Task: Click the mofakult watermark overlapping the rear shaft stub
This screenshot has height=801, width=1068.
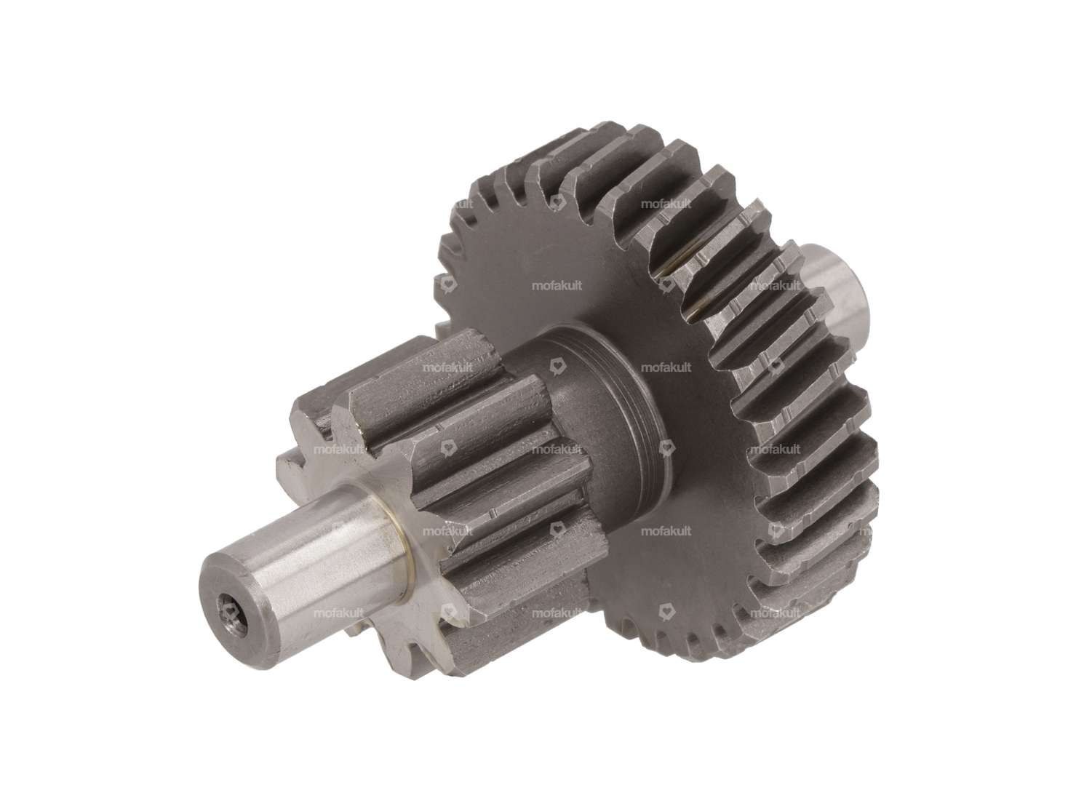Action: pyautogui.click(x=775, y=286)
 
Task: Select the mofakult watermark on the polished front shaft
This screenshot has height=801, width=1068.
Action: pyautogui.click(x=338, y=613)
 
